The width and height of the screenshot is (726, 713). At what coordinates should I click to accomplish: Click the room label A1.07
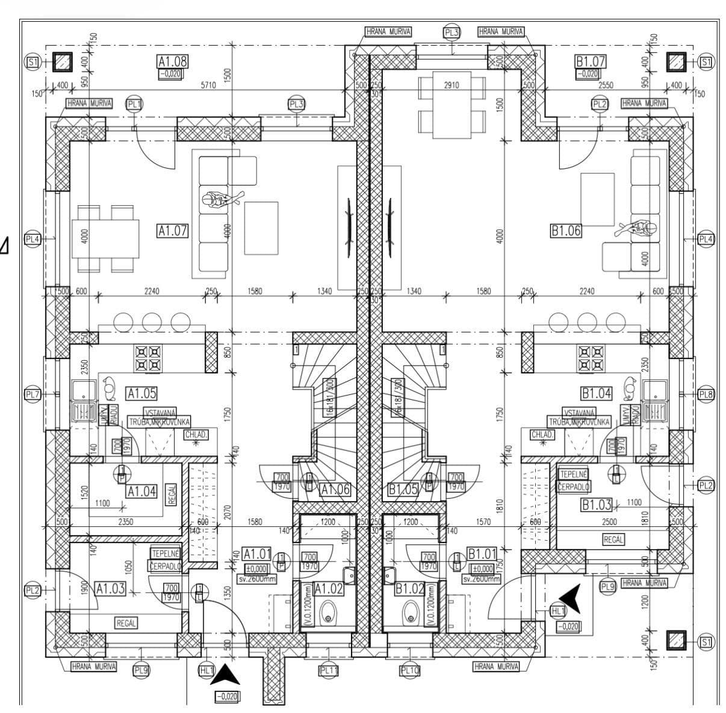coord(173,230)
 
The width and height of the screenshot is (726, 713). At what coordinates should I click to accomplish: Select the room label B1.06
coord(566,230)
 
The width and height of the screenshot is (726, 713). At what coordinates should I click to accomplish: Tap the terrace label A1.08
coord(173,61)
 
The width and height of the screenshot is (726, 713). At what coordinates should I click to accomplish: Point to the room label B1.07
coord(590,61)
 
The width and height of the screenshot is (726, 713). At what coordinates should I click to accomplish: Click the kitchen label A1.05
coord(141,393)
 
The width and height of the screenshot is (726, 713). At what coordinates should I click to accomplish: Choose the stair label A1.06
coord(335,490)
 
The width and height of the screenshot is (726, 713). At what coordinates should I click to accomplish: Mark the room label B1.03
coord(596,505)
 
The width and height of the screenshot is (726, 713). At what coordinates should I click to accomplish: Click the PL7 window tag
coord(33,395)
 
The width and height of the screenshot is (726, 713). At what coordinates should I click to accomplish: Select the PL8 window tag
coord(706,395)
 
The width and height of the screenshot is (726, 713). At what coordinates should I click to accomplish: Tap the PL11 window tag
coord(329,669)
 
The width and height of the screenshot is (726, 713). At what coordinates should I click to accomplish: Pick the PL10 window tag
coord(409,669)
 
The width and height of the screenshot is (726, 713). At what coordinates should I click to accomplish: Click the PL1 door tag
coord(134,104)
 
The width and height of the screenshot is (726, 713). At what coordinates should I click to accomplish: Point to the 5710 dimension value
coord(208,86)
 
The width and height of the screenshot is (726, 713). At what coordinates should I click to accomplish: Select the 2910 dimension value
coord(451,86)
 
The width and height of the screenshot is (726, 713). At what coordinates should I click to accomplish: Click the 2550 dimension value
coord(605,86)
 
